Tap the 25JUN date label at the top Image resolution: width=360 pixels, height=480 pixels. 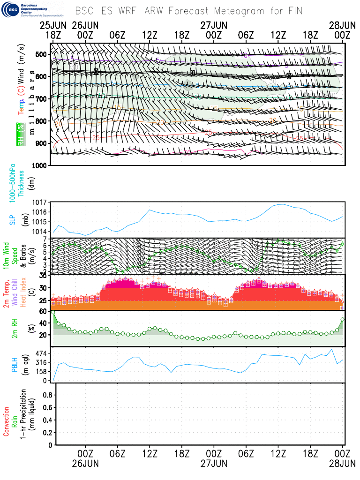(x=52, y=25)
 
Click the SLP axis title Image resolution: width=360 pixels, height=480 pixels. (x=12, y=219)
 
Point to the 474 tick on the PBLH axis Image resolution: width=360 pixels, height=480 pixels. (x=42, y=352)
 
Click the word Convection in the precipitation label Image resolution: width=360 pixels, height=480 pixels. (x=7, y=414)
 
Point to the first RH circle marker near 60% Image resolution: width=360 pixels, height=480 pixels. (x=53, y=312)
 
